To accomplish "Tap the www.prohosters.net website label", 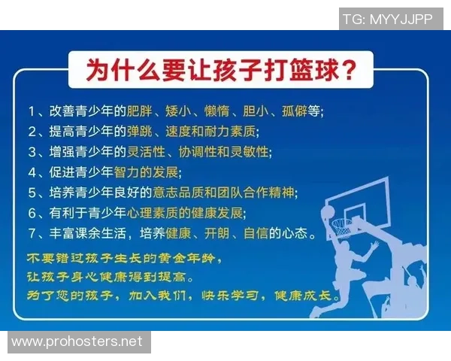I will (x=77, y=341).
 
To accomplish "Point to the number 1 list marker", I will (x=32, y=112).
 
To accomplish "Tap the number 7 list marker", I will (x=32, y=234).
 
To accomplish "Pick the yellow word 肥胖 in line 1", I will (x=142, y=112).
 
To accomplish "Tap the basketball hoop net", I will (x=342, y=225).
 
